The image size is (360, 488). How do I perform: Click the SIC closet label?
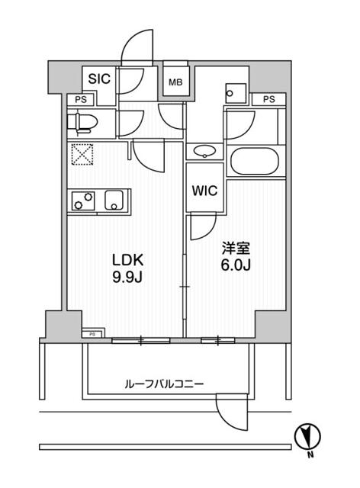[x=99, y=79]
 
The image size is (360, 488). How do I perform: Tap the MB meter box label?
[x=175, y=82]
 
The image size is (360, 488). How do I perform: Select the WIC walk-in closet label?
[x=204, y=191]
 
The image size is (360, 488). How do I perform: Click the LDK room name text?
[x=127, y=260]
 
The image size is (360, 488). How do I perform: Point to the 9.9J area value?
[x=127, y=277]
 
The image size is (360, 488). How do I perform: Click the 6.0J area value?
[x=236, y=265]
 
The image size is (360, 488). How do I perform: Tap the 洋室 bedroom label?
[x=236, y=249]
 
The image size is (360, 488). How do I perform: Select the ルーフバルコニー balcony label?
[x=164, y=384]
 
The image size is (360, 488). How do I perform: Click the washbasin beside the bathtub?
[x=204, y=152]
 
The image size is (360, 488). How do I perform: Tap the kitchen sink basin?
[x=114, y=200]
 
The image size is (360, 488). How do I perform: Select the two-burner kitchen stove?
[x=83, y=201]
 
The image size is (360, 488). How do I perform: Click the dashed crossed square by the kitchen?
[x=82, y=154]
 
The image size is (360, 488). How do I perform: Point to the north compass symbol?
[x=307, y=437]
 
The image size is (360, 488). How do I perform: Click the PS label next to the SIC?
[x=80, y=100]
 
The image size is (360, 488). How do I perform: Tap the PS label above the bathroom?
[x=269, y=99]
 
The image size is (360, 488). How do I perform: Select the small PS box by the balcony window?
[x=92, y=334]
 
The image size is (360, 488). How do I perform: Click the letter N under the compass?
[x=310, y=456]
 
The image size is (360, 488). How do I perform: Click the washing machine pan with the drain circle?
[x=236, y=93]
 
